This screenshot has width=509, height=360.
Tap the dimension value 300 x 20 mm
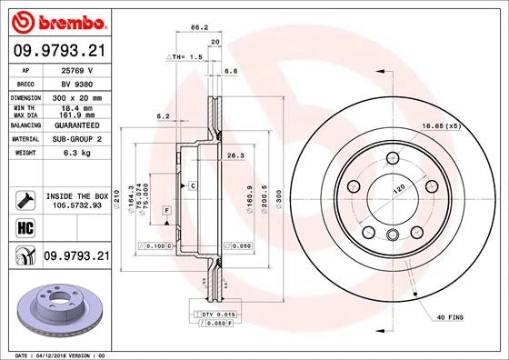74,95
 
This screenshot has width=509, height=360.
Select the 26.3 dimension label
235,156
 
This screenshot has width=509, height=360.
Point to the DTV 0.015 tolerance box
211,313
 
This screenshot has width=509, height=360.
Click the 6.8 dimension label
230,69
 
